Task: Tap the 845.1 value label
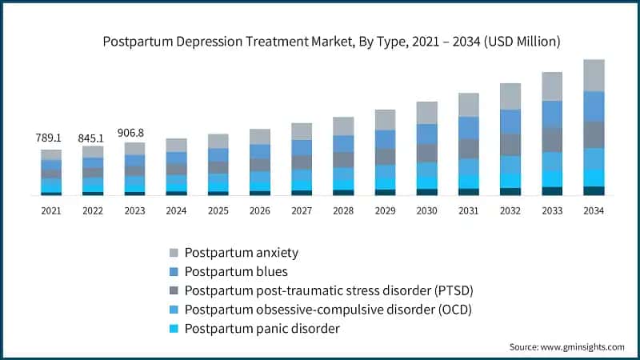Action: click(93, 138)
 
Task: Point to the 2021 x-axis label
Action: click(51, 210)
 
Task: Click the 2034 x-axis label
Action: click(594, 210)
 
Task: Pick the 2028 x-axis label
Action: click(343, 210)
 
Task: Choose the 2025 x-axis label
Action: click(218, 210)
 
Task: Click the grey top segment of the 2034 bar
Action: click(594, 75)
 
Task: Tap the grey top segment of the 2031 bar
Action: click(468, 105)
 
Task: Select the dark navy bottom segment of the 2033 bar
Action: click(552, 191)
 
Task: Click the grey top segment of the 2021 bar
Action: click(51, 154)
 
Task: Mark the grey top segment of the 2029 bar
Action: click(385, 120)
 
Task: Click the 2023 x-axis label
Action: click(134, 210)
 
